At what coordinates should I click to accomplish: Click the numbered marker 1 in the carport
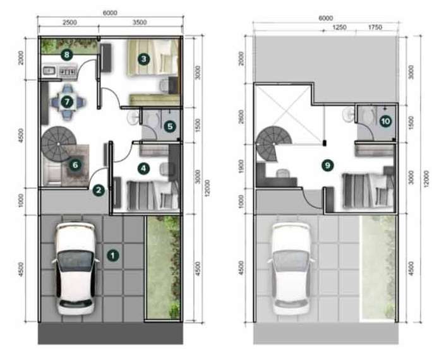click(112, 255)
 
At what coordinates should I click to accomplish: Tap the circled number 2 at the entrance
click(99, 190)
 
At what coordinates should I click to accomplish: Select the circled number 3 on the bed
click(143, 59)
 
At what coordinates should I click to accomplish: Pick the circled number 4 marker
click(143, 168)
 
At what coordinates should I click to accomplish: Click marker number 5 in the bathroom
click(170, 126)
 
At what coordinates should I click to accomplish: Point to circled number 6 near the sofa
click(75, 165)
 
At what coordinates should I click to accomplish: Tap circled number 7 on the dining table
click(67, 102)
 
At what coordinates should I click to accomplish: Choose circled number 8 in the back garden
click(67, 54)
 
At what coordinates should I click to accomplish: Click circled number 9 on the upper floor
click(328, 165)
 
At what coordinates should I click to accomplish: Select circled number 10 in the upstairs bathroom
click(385, 121)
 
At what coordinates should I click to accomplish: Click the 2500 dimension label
click(69, 23)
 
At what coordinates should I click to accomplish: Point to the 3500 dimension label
click(140, 22)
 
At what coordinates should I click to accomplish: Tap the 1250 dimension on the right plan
click(339, 27)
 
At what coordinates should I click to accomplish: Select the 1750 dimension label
click(375, 27)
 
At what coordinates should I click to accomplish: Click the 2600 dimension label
click(241, 117)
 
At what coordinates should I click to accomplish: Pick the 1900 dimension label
click(241, 166)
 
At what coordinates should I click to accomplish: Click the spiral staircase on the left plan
click(59, 143)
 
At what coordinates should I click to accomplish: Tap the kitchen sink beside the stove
click(49, 71)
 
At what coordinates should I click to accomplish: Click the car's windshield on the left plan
click(75, 260)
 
